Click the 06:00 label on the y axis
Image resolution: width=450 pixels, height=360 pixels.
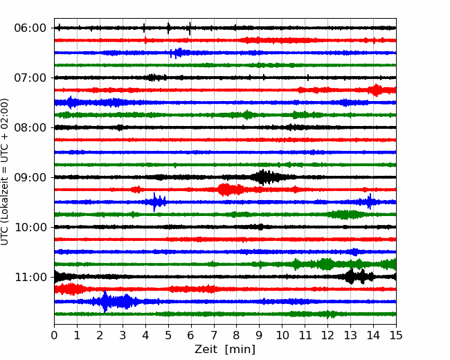click(x=30, y=28)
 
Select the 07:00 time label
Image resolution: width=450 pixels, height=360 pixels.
click(x=30, y=78)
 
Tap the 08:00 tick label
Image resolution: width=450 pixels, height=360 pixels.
click(x=30, y=127)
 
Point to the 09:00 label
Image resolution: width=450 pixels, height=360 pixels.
click(x=30, y=177)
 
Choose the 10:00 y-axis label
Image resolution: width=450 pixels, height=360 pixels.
click(x=30, y=227)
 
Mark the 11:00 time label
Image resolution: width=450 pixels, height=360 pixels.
click(x=30, y=277)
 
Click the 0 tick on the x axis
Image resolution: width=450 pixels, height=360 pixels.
click(x=54, y=335)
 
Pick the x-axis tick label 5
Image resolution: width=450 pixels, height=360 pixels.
click(x=168, y=335)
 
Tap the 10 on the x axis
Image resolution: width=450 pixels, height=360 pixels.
click(x=282, y=335)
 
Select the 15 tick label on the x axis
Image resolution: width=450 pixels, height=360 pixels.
click(x=396, y=335)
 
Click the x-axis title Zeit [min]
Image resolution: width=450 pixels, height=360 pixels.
click(x=225, y=350)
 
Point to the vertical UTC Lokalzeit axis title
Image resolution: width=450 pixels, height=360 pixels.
click(x=5, y=172)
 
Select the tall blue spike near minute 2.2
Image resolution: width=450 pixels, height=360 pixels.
click(x=105, y=301)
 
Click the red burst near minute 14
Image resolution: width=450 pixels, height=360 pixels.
click(x=376, y=90)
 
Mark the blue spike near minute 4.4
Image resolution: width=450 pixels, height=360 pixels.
click(x=155, y=202)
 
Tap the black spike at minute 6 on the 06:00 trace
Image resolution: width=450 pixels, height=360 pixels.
click(x=190, y=28)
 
